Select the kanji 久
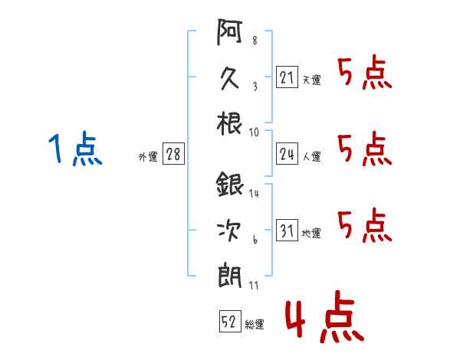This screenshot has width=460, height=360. point(229,78)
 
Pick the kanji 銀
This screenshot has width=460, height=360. point(229,186)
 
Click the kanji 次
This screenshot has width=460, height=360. point(229,229)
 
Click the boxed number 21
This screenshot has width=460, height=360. point(287,78)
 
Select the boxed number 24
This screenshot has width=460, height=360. point(287,154)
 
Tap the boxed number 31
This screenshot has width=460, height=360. point(287,231)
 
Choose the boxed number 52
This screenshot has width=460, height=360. point(228,322)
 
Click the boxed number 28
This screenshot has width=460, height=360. point(173,155)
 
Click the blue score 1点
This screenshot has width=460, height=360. point(74,149)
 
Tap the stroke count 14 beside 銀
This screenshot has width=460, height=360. point(255,193)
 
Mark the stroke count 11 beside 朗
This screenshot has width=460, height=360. point(255,285)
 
